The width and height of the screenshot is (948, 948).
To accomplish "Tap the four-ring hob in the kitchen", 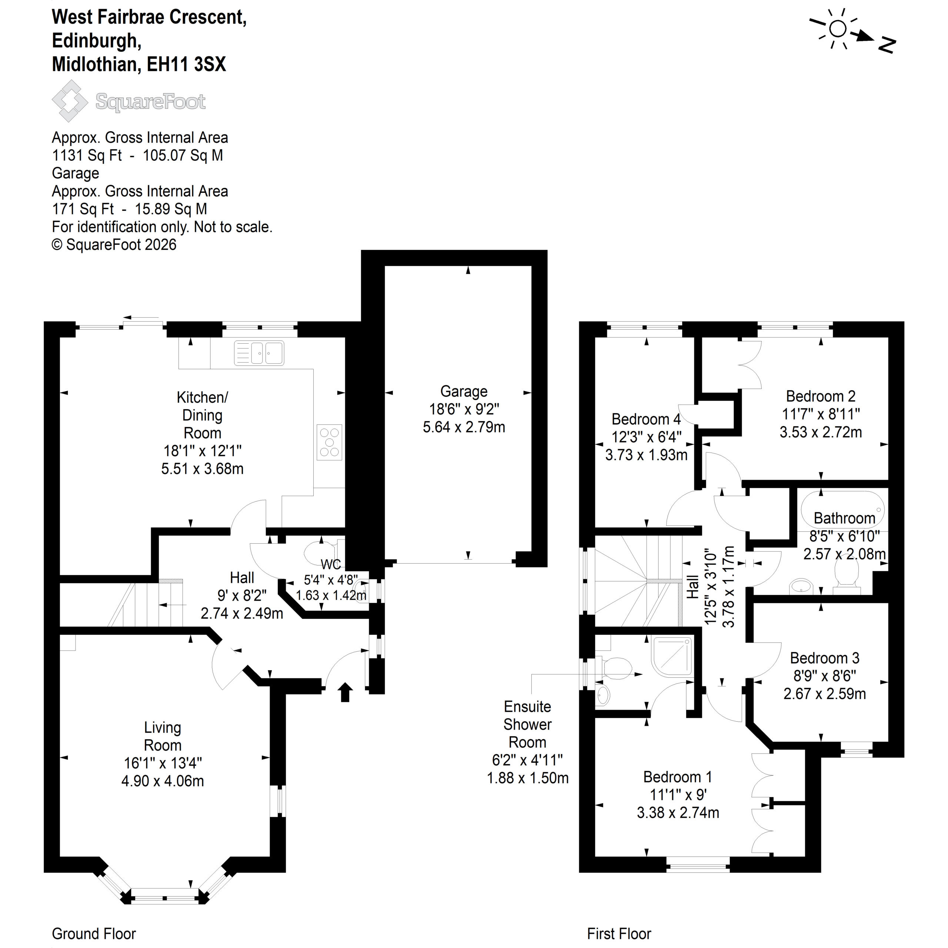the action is pyautogui.click(x=329, y=442).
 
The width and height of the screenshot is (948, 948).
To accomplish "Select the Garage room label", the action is pyautogui.click(x=464, y=391).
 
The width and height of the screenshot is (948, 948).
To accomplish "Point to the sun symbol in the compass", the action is pyautogui.click(x=838, y=29).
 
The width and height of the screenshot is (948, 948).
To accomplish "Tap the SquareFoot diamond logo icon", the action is pyautogui.click(x=70, y=101).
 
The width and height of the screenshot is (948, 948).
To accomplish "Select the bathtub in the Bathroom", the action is pyautogui.click(x=843, y=509).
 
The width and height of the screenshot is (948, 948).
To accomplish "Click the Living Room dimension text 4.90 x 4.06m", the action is pyautogui.click(x=163, y=781).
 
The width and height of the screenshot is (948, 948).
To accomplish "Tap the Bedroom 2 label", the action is pyautogui.click(x=820, y=396).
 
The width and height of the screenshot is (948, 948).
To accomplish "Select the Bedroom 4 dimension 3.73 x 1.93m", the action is pyautogui.click(x=646, y=455).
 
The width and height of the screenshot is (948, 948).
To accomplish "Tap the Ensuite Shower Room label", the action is pyautogui.click(x=527, y=724).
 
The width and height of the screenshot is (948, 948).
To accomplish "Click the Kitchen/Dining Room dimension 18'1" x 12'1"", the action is pyautogui.click(x=202, y=450).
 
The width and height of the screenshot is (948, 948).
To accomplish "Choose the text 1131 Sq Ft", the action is pyautogui.click(x=87, y=155).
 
